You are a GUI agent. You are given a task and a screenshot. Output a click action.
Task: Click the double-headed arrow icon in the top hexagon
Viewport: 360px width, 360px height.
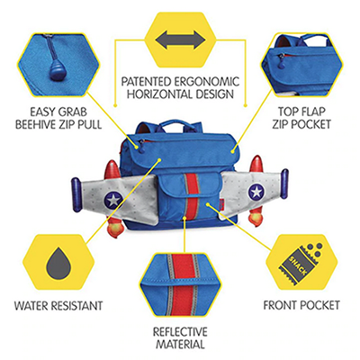click(x=181, y=40)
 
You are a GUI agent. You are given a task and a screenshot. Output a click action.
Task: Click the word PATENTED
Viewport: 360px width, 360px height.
click(x=146, y=82)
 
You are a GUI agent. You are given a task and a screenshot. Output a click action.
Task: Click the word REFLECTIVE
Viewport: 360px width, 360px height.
click(x=180, y=332)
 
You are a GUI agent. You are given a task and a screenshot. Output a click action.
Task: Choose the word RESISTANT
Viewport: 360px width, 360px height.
click(x=76, y=306)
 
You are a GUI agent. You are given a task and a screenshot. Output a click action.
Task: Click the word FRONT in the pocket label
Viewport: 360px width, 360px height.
click(x=281, y=305)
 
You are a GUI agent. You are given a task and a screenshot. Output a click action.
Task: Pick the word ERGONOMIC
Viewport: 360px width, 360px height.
click(x=207, y=82)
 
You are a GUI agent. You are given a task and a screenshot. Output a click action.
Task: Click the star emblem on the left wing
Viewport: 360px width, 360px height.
click(x=113, y=199)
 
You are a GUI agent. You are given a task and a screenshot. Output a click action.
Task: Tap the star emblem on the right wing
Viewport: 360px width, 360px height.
click(x=256, y=192)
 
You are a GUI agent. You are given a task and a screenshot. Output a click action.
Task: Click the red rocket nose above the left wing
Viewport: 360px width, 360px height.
click(x=111, y=169)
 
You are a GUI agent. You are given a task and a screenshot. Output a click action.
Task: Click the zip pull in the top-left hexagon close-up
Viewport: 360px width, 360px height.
click(x=58, y=72)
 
